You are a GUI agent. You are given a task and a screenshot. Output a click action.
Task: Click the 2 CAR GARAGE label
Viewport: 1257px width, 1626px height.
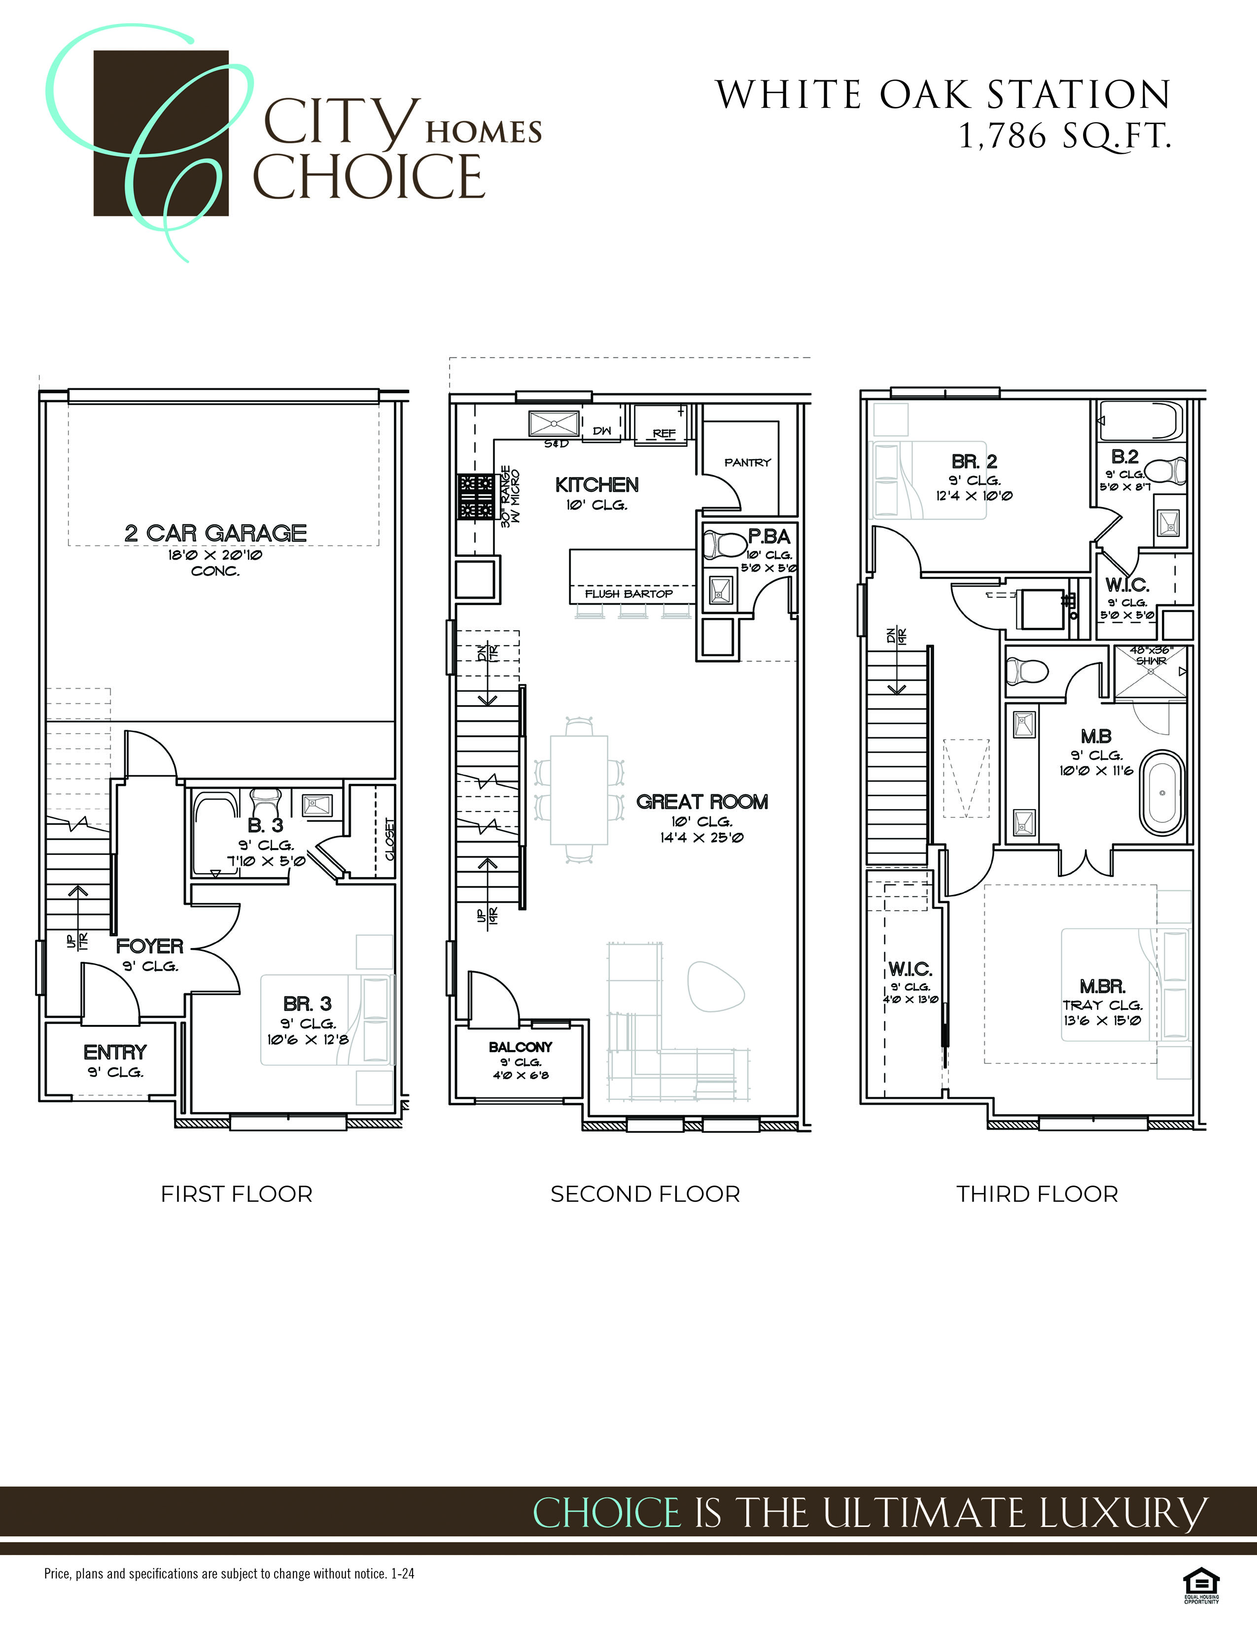pos(215,533)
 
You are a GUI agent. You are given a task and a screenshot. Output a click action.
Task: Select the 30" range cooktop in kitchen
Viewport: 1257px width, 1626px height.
pos(476,496)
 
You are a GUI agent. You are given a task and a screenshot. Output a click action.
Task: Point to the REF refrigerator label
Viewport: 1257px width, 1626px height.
pos(663,433)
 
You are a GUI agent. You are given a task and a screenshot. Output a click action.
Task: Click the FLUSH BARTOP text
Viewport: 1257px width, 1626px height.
pos(628,593)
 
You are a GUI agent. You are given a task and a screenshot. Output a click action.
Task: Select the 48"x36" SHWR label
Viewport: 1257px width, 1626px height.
pos(1151,655)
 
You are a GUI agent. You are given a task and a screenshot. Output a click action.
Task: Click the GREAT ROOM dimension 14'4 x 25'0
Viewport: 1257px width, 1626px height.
pos(701,838)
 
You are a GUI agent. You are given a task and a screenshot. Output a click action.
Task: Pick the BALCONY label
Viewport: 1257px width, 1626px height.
pos(521,1047)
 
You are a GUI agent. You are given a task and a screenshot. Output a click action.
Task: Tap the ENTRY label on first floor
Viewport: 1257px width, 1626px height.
pos(115,1052)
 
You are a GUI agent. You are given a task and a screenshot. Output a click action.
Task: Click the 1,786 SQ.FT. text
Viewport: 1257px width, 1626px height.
pos(1065,136)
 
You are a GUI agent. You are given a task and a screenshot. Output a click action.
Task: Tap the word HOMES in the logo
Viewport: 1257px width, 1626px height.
pos(483,133)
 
